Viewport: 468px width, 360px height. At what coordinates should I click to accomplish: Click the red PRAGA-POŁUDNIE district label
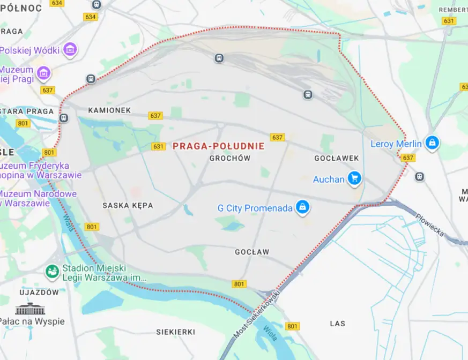(219, 146)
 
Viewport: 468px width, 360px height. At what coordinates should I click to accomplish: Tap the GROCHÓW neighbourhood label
(230, 158)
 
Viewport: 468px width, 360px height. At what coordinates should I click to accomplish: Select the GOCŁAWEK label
(336, 158)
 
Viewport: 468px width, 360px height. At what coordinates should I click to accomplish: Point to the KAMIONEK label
(109, 110)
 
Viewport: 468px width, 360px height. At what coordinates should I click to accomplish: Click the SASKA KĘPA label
(128, 205)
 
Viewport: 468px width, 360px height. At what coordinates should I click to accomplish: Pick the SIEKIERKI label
(175, 332)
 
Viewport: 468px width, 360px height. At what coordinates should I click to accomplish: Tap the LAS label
(338, 324)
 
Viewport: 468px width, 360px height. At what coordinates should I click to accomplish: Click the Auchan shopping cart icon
(354, 178)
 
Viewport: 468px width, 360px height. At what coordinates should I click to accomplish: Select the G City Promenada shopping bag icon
(303, 207)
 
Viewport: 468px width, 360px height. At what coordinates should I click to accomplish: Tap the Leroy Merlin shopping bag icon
(432, 143)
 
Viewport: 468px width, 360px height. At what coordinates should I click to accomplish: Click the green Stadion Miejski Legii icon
(52, 272)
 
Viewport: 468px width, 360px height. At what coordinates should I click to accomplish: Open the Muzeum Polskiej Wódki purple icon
(70, 50)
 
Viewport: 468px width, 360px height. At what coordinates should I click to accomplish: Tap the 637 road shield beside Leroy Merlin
(407, 158)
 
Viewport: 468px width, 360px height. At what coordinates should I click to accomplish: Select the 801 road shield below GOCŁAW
(239, 284)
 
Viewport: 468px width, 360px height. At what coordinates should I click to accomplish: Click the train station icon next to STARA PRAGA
(63, 118)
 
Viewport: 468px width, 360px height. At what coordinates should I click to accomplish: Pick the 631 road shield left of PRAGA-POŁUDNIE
(158, 146)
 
